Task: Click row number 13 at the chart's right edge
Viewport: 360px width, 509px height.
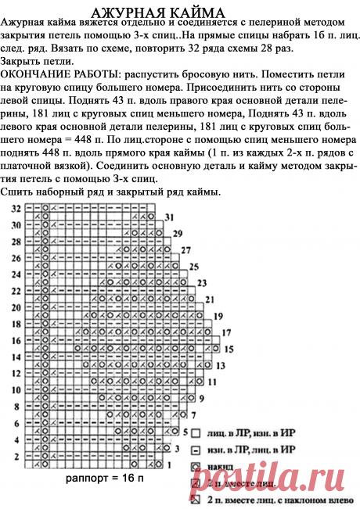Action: (220, 365)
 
